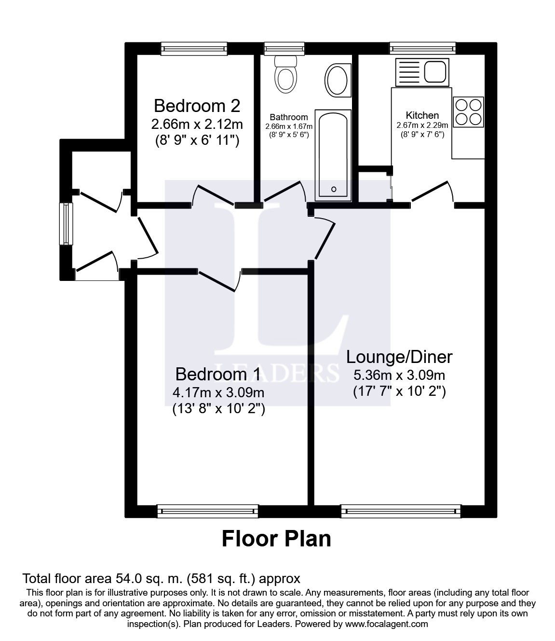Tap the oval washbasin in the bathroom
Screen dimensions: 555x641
[x=337, y=80]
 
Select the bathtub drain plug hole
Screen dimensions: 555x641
[x=333, y=189]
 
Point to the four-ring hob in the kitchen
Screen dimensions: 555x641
[x=468, y=111]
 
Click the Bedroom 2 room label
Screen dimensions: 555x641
[x=197, y=106]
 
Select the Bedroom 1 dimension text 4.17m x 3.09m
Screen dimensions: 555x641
[x=218, y=392]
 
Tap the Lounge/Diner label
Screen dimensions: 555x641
[x=399, y=357]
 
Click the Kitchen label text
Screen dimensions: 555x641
[x=422, y=115]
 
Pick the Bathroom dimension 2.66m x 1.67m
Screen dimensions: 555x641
[x=289, y=126]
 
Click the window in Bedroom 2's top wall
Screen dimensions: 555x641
[x=194, y=49]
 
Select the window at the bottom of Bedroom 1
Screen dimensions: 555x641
[x=208, y=511]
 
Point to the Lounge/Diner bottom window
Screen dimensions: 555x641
[x=401, y=511]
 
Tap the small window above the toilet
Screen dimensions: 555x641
[x=284, y=49]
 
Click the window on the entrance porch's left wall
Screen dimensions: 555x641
[x=66, y=223]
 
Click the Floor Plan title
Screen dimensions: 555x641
[x=276, y=547]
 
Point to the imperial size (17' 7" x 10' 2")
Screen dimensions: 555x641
[x=399, y=391]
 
